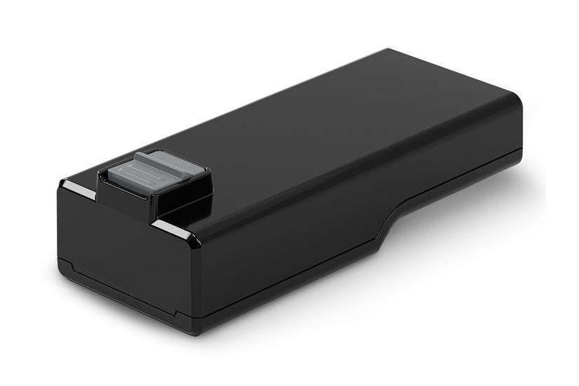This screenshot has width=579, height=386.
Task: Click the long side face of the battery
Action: pos(295,239)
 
